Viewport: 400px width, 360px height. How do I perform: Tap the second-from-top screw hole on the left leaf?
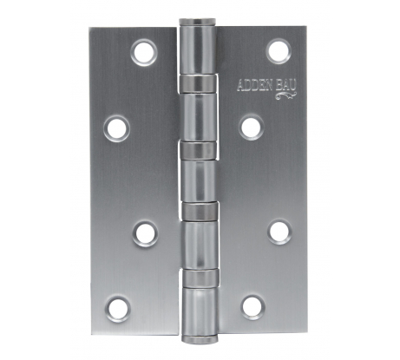click(x=116, y=129)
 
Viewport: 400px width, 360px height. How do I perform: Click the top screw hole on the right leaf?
click(x=277, y=49)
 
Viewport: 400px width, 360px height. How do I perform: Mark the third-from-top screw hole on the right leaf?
click(x=279, y=231)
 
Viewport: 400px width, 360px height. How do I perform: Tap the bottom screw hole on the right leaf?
click(x=252, y=306)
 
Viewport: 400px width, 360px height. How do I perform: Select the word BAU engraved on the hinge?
click(x=286, y=84)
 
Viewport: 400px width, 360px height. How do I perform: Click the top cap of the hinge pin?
click(x=199, y=22)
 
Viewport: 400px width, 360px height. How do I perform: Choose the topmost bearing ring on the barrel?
click(x=199, y=82)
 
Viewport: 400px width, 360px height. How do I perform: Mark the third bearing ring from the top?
click(x=199, y=210)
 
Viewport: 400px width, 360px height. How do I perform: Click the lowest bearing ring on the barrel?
click(x=199, y=277)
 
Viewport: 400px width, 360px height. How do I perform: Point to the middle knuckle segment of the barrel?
click(x=199, y=181)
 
